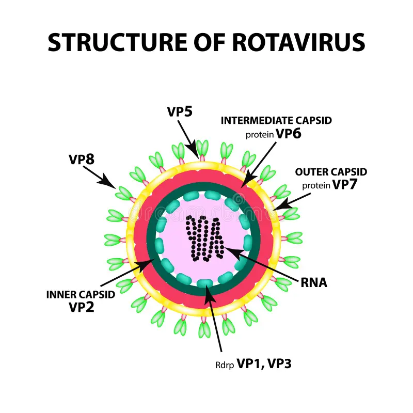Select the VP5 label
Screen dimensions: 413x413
pyautogui.click(x=180, y=112)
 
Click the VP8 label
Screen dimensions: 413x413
pyautogui.click(x=82, y=159)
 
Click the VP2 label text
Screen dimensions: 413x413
pyautogui.click(x=82, y=307)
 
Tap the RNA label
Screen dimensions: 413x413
pyautogui.click(x=314, y=282)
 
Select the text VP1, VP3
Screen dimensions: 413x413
pyautogui.click(x=264, y=363)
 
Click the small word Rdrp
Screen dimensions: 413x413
pyautogui.click(x=224, y=365)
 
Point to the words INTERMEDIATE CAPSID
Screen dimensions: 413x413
pyautogui.click(x=276, y=120)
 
